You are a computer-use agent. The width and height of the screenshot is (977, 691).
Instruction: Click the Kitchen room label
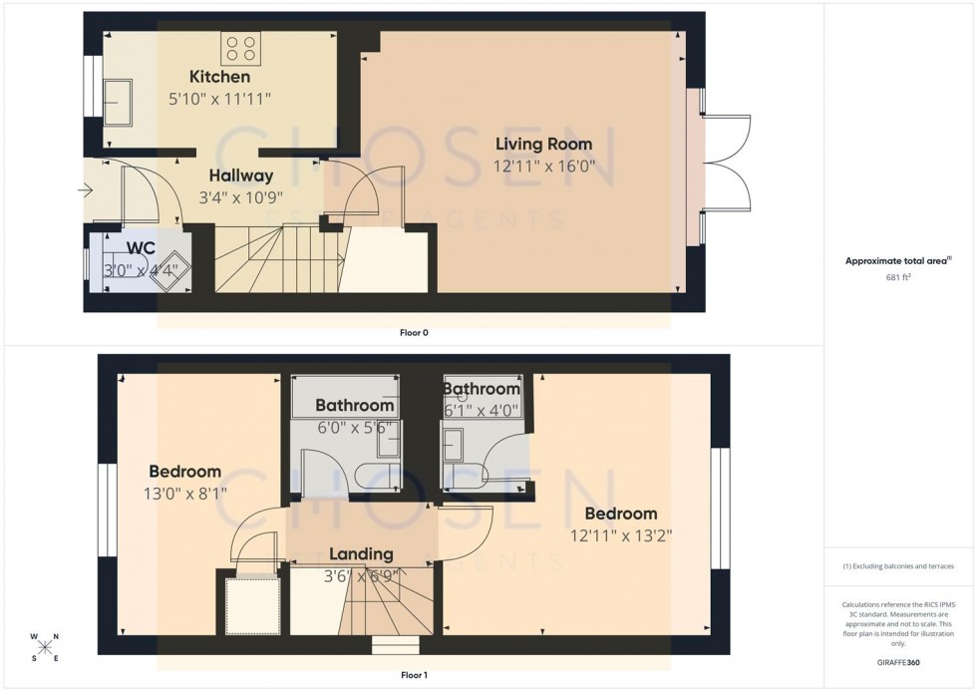(x=219, y=77)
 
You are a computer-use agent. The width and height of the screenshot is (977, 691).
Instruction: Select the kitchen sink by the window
(x=124, y=103)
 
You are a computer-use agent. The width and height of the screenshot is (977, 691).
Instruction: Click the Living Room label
(x=543, y=145)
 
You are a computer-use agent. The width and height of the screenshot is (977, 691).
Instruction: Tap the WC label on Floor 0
(x=142, y=247)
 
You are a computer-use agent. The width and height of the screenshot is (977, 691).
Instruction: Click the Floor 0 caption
(x=413, y=333)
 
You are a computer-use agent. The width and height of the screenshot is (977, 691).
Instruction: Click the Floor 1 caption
(x=412, y=675)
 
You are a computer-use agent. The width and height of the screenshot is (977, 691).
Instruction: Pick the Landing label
(x=361, y=554)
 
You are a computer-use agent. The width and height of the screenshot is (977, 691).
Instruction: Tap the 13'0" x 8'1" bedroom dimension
(x=184, y=493)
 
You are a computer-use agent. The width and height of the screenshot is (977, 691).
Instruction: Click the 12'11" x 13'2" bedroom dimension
(x=621, y=535)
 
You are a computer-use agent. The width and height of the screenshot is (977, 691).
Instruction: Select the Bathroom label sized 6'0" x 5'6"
(x=355, y=406)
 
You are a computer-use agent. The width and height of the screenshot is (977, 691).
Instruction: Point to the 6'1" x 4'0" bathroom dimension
(x=483, y=408)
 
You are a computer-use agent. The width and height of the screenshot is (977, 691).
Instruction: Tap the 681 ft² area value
(x=899, y=278)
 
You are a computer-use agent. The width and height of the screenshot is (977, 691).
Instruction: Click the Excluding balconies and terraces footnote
(x=898, y=566)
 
